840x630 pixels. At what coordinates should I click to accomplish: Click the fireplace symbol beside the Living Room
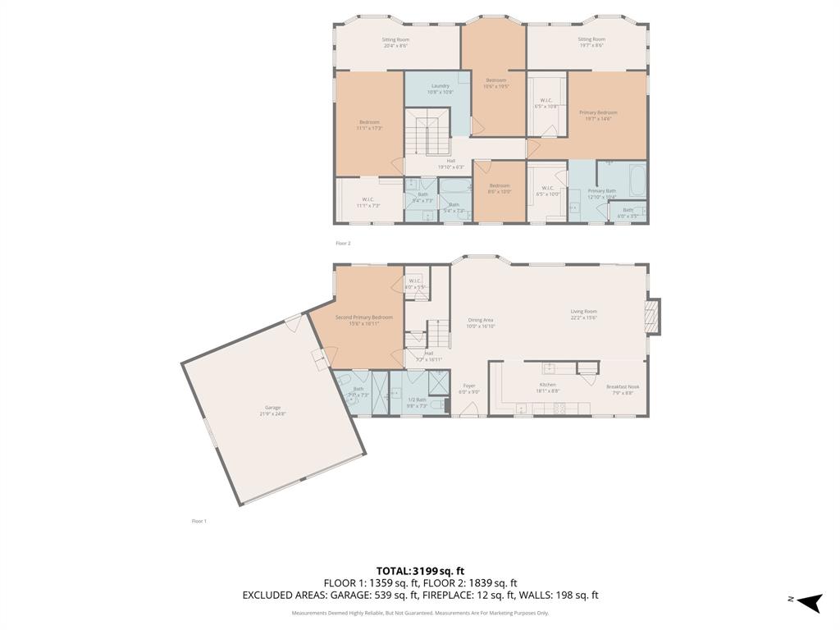[x=653, y=317]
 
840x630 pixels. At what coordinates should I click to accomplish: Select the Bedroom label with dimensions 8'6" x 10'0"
[x=500, y=189]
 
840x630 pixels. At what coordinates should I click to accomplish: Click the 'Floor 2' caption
[x=343, y=243]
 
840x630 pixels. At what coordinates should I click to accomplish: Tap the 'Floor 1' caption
[x=199, y=521]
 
